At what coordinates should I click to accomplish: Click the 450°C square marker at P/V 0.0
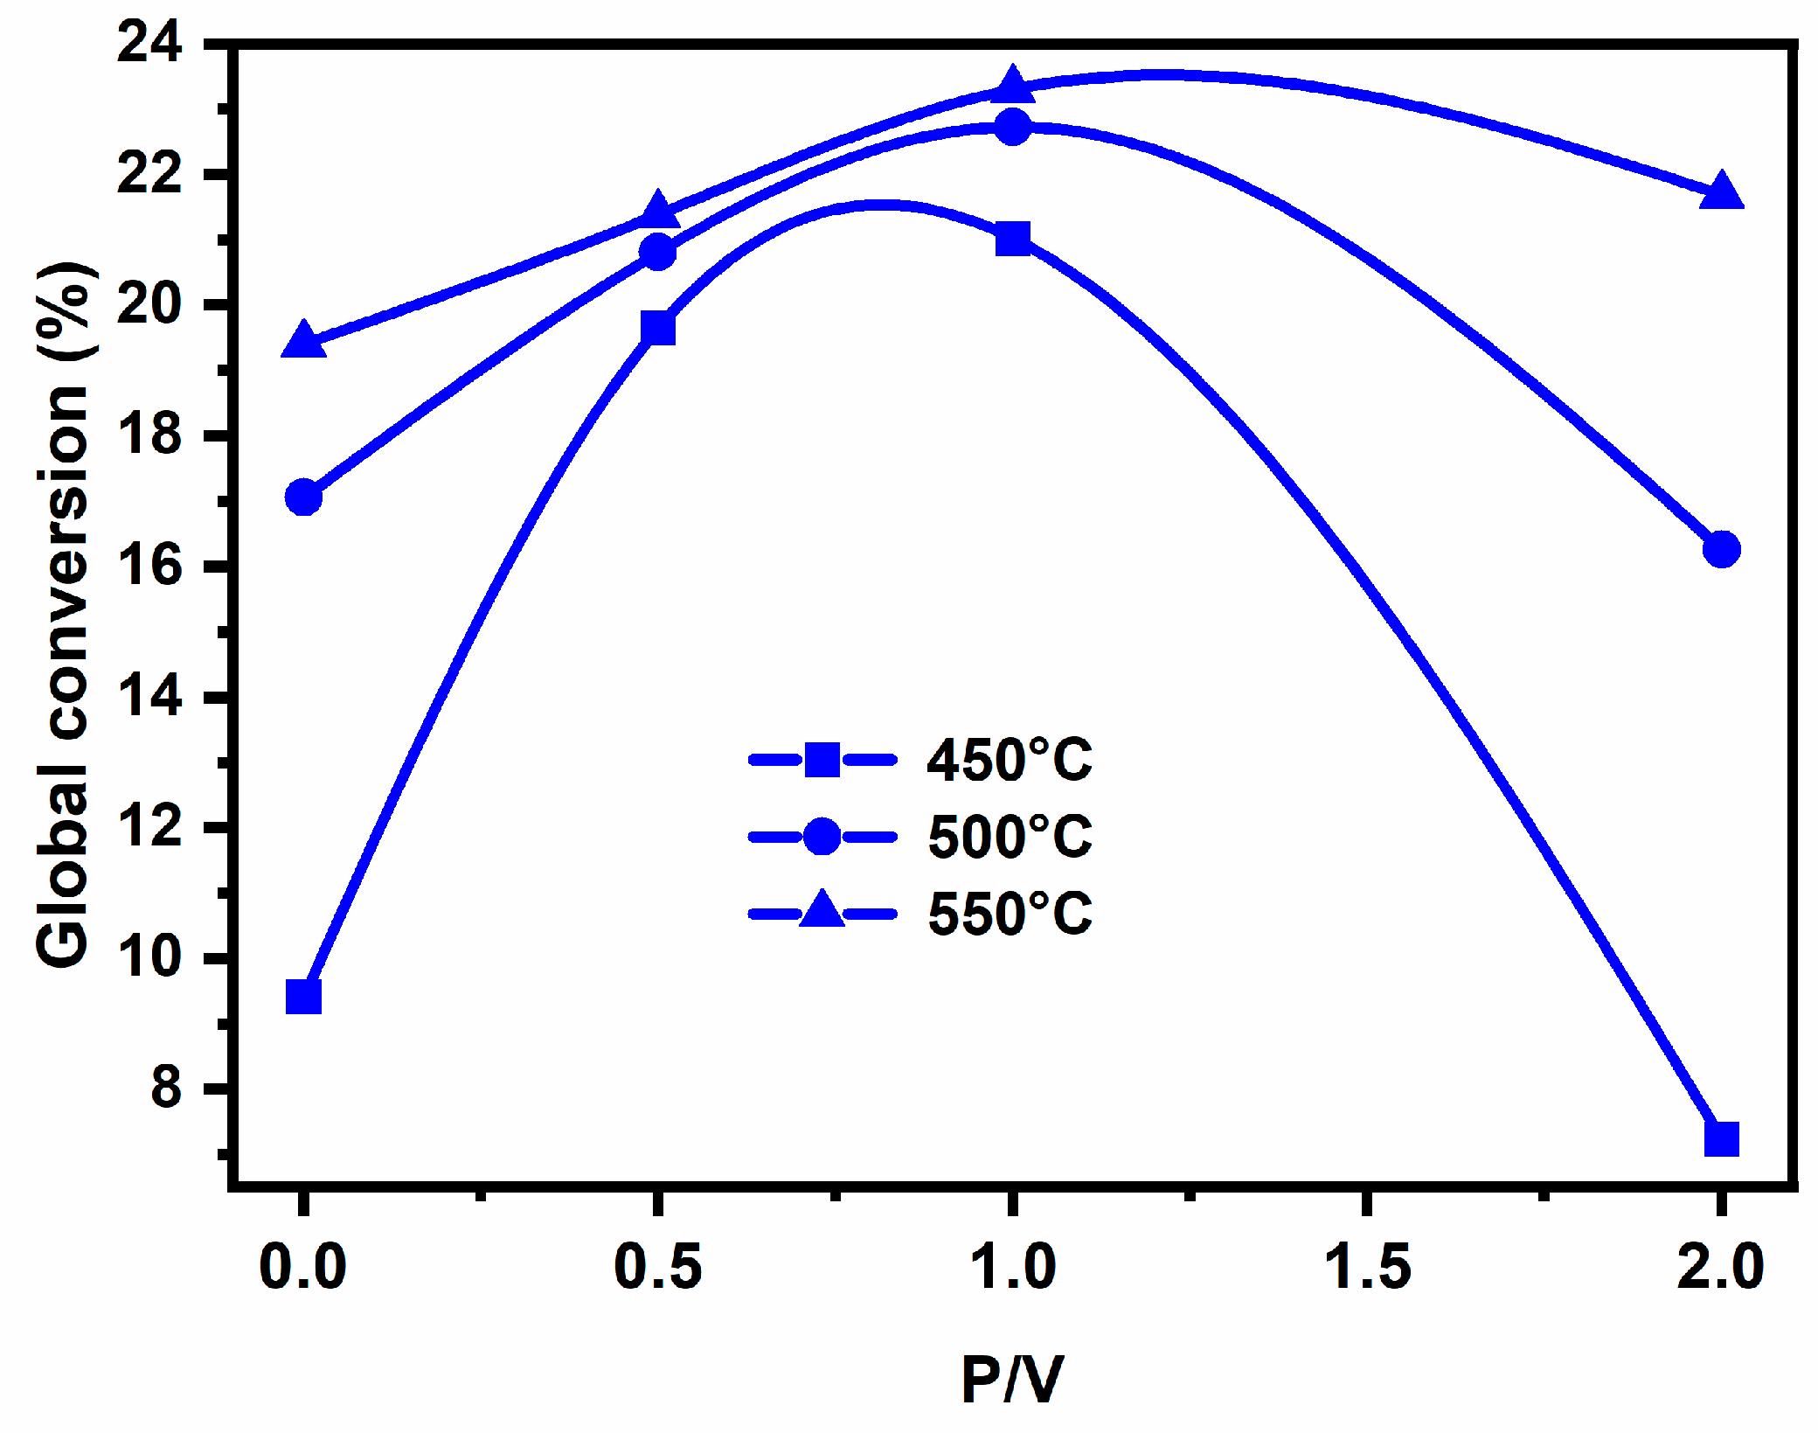(x=303, y=996)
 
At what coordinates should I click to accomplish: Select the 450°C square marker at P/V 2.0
(x=1721, y=1138)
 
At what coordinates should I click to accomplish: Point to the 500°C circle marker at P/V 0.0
(x=303, y=497)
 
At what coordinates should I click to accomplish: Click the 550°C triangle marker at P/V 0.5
(x=657, y=212)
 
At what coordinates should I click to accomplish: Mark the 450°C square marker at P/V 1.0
(x=1012, y=238)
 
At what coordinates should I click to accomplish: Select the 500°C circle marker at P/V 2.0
(x=1721, y=549)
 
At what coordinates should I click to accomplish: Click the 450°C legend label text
(x=1009, y=760)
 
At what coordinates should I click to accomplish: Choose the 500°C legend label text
(x=1009, y=837)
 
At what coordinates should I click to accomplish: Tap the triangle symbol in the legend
(x=822, y=911)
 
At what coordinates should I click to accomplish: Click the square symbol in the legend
(x=822, y=760)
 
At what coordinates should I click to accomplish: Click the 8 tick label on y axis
(x=166, y=1088)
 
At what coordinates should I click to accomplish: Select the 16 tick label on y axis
(x=149, y=566)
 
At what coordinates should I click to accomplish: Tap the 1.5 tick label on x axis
(x=1367, y=1267)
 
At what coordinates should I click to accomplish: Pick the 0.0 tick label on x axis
(x=303, y=1267)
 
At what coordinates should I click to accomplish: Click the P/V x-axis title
(x=1012, y=1380)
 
